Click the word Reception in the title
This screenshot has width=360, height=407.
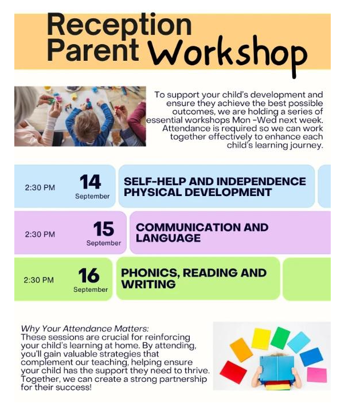click(119, 25)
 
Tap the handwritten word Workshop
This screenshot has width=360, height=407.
click(228, 56)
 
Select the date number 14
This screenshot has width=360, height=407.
click(90, 182)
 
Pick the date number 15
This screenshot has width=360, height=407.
click(104, 229)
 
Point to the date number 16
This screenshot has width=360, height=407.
click(89, 275)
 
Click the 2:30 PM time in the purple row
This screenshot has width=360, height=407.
click(40, 234)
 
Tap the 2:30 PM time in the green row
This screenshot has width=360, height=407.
click(38, 280)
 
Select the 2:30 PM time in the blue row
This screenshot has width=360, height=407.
click(40, 187)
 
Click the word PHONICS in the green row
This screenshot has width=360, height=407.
click(151, 273)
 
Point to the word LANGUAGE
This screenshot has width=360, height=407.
click(168, 238)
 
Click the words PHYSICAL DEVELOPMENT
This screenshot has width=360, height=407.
click(198, 192)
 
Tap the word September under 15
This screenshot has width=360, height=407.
click(104, 243)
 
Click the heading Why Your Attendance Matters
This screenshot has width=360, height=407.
click(85, 328)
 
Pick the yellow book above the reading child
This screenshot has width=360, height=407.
click(261, 338)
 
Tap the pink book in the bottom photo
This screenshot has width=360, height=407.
click(317, 375)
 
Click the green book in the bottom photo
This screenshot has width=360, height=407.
click(280, 338)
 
